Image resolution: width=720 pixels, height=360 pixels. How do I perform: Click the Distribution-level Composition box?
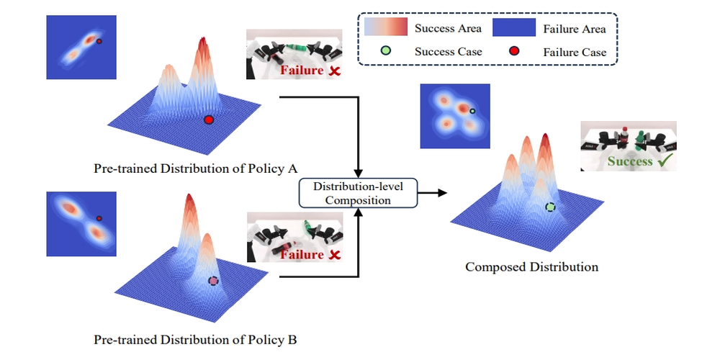point(357,193)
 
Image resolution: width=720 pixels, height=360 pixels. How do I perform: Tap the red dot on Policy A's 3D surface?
point(209,120)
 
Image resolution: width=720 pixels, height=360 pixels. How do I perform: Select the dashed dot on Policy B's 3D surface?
point(213,281)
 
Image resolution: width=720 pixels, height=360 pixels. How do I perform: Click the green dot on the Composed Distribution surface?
point(550,207)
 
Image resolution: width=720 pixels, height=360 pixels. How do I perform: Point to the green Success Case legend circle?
point(388,52)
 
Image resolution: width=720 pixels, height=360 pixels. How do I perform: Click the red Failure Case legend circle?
point(514,52)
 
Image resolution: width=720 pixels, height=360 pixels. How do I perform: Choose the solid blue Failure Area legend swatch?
point(514,29)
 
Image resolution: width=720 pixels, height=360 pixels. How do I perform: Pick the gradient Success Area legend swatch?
point(387,29)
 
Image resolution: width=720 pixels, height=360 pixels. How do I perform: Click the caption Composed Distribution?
point(531,267)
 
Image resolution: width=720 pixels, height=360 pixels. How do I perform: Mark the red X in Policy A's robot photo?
point(334,71)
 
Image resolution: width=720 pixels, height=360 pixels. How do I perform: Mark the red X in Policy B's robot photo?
point(334,254)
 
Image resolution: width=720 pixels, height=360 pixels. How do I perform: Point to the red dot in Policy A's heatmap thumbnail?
point(99,42)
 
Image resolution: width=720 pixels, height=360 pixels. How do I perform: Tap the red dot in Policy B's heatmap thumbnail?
point(99,217)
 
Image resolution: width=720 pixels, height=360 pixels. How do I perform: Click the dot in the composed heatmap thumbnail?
point(472,112)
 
